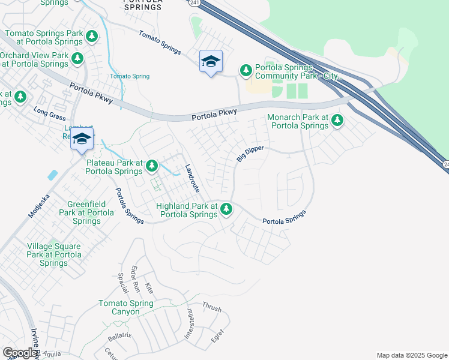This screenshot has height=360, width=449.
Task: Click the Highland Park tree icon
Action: [x=226, y=209]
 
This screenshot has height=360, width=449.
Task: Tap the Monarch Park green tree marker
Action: [x=337, y=121]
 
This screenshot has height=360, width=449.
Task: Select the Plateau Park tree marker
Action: [x=152, y=165]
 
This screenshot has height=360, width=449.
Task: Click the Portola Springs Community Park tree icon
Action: [x=246, y=71]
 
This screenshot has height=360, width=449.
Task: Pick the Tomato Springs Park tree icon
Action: [x=92, y=37]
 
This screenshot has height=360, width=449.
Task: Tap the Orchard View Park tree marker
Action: [x=77, y=58]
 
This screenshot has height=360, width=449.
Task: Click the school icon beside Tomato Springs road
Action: [x=211, y=61]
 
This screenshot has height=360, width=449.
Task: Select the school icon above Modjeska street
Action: [x=82, y=139]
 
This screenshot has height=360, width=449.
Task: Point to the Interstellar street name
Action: [x=189, y=326]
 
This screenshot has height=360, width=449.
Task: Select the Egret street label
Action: [x=218, y=334]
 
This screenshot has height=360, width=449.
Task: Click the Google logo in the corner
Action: [x=20, y=352]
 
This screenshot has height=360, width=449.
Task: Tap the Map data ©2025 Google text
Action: [x=411, y=355]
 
